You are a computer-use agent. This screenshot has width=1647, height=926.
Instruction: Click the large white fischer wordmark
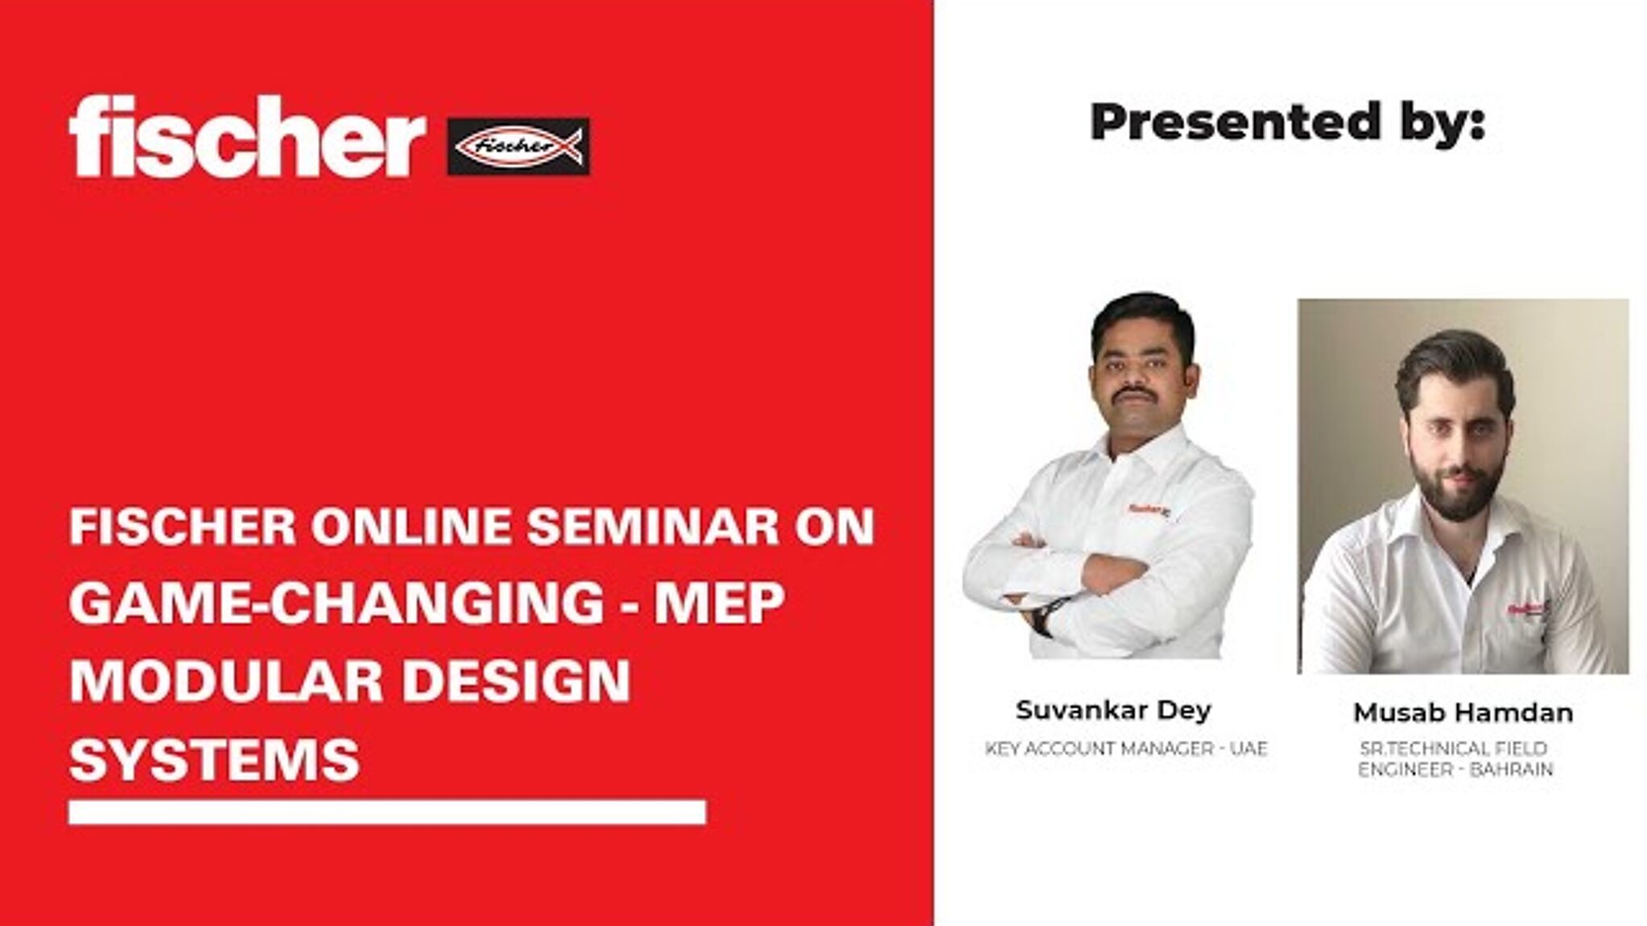[246, 137]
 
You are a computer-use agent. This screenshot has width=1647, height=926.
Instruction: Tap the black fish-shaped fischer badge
[518, 147]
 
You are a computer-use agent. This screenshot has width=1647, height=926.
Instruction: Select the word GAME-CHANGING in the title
[336, 604]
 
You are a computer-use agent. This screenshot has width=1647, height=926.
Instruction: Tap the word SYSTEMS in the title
[214, 759]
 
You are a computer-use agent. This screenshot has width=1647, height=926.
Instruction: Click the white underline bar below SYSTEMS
[387, 812]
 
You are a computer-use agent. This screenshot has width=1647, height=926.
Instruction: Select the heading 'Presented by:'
[1286, 122]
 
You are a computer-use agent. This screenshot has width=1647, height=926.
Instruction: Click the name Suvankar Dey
[1112, 710]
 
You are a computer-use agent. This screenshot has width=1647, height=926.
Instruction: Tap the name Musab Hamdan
[1463, 713]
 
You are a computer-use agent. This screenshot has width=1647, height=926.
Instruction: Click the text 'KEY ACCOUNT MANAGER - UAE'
[1125, 749]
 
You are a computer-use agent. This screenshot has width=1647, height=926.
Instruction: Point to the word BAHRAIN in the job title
[1511, 770]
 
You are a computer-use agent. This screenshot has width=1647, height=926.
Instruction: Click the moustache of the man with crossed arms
[1134, 392]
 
